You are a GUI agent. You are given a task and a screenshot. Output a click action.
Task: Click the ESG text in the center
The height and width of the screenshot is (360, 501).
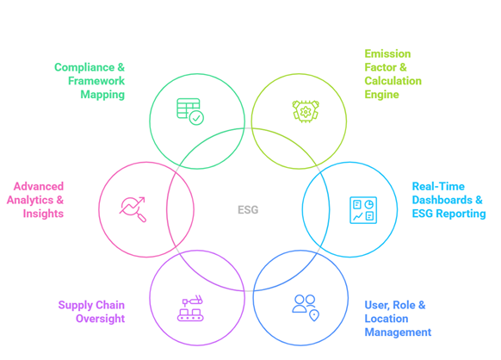pos(248,210)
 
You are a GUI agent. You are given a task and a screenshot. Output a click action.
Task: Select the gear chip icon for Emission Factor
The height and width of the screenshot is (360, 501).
pos(306,111)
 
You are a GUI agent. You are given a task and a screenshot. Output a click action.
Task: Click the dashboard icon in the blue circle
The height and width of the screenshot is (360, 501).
pos(363,210)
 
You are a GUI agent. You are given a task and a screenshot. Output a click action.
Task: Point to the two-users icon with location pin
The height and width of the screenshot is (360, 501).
pos(306,307)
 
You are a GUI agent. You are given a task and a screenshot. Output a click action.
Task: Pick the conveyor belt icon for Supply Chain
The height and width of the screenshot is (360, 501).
pos(190,307)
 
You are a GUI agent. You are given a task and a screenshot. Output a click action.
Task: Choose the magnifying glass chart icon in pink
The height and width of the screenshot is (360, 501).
pos(133,209)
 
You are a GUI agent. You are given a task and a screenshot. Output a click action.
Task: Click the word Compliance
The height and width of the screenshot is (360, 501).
pos(84,67)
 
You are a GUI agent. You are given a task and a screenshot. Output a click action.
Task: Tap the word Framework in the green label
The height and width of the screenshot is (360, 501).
pos(96,81)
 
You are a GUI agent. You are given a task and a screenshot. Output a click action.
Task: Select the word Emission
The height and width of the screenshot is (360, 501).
pos(387,53)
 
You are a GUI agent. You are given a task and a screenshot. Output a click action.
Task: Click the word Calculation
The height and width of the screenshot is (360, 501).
pos(393,81)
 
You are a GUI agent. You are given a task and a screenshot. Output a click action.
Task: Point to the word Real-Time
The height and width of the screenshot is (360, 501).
pos(438,186)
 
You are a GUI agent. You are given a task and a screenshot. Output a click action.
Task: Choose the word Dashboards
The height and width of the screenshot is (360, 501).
pos(442,200)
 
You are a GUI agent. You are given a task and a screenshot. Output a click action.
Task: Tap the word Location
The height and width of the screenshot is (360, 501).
pos(387,319)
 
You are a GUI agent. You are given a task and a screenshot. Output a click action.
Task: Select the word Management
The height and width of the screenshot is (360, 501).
pos(398,332)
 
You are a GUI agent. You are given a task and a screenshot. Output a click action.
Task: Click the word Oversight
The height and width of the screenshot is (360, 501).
pos(101,319)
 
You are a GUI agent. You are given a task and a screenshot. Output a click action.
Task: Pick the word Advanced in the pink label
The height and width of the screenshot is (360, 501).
pos(39,186)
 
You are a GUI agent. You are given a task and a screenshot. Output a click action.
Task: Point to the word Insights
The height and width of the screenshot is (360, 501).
pos(43,214)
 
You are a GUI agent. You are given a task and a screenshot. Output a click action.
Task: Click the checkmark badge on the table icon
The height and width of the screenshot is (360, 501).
pos(196,118)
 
